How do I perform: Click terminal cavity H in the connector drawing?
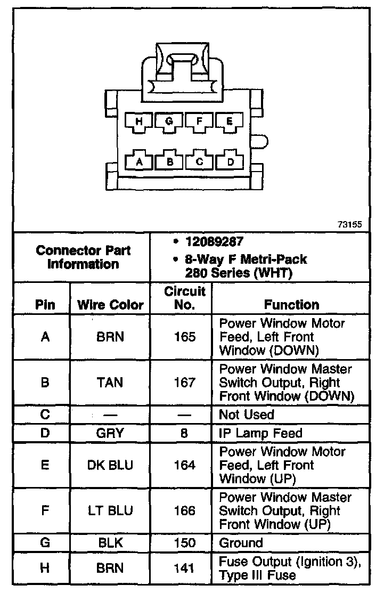pos(140,121)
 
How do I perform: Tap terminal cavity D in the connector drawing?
pos(230,161)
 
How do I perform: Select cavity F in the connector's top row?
pos(200,121)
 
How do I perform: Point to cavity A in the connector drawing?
pos(140,161)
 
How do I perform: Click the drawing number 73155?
pos(349,225)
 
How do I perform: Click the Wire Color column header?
pos(110,305)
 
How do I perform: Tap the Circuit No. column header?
pos(184,298)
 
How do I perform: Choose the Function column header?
pos(291,305)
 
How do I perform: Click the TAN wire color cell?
pos(110,383)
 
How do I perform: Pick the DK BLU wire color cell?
pos(110,465)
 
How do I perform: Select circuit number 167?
pos(184,383)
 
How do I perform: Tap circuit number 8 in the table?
pos(184,433)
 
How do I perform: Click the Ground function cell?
pos(241,543)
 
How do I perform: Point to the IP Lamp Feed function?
pos(260,433)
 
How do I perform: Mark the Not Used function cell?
pos(247,415)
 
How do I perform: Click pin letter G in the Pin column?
pos(45,543)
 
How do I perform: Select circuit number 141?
pos(184,568)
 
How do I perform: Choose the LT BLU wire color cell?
pos(110,511)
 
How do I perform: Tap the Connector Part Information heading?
pos(83,257)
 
